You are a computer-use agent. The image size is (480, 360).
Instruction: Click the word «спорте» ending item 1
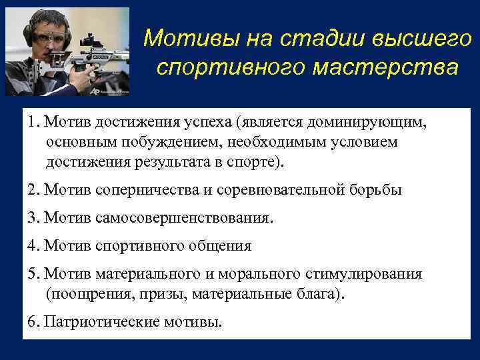pos(255,161)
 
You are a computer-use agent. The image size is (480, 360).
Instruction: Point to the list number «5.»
pos(34,274)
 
